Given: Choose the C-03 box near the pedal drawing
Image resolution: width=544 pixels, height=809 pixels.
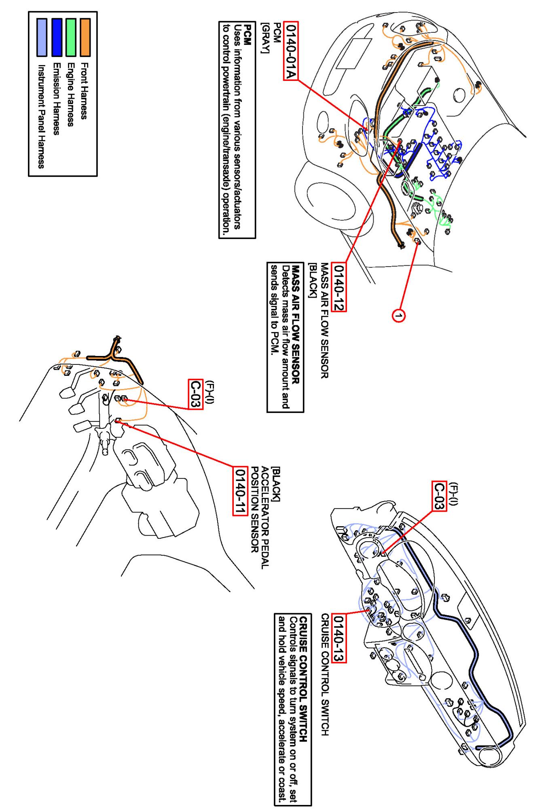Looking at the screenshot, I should tap(195, 394).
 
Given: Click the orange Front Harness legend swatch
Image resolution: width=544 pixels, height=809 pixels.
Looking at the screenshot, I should tap(85, 37).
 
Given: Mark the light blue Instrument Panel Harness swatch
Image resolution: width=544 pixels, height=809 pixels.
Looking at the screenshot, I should tap(42, 37).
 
